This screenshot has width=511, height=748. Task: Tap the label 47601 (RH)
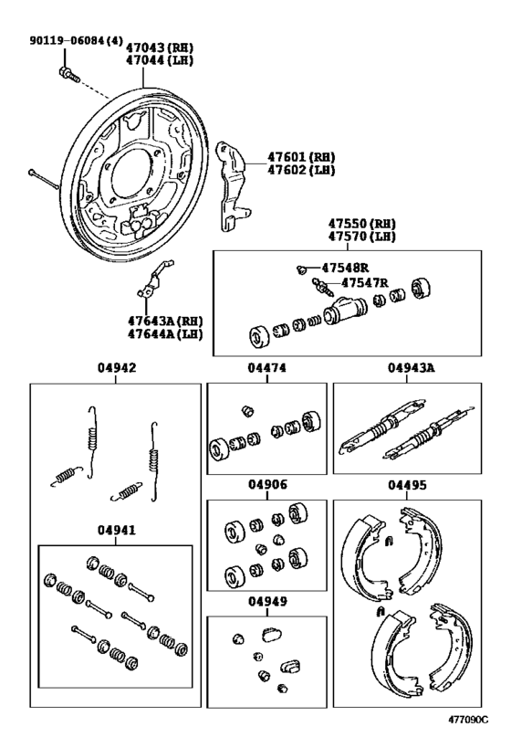pyautogui.click(x=300, y=157)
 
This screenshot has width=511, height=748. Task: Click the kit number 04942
pyautogui.click(x=115, y=370)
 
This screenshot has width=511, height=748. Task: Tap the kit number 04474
pyautogui.click(x=266, y=370)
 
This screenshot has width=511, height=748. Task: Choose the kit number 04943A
pyautogui.click(x=411, y=370)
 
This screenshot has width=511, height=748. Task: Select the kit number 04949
pyautogui.click(x=266, y=602)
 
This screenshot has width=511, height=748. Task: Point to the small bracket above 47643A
pyautogui.click(x=151, y=280)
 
